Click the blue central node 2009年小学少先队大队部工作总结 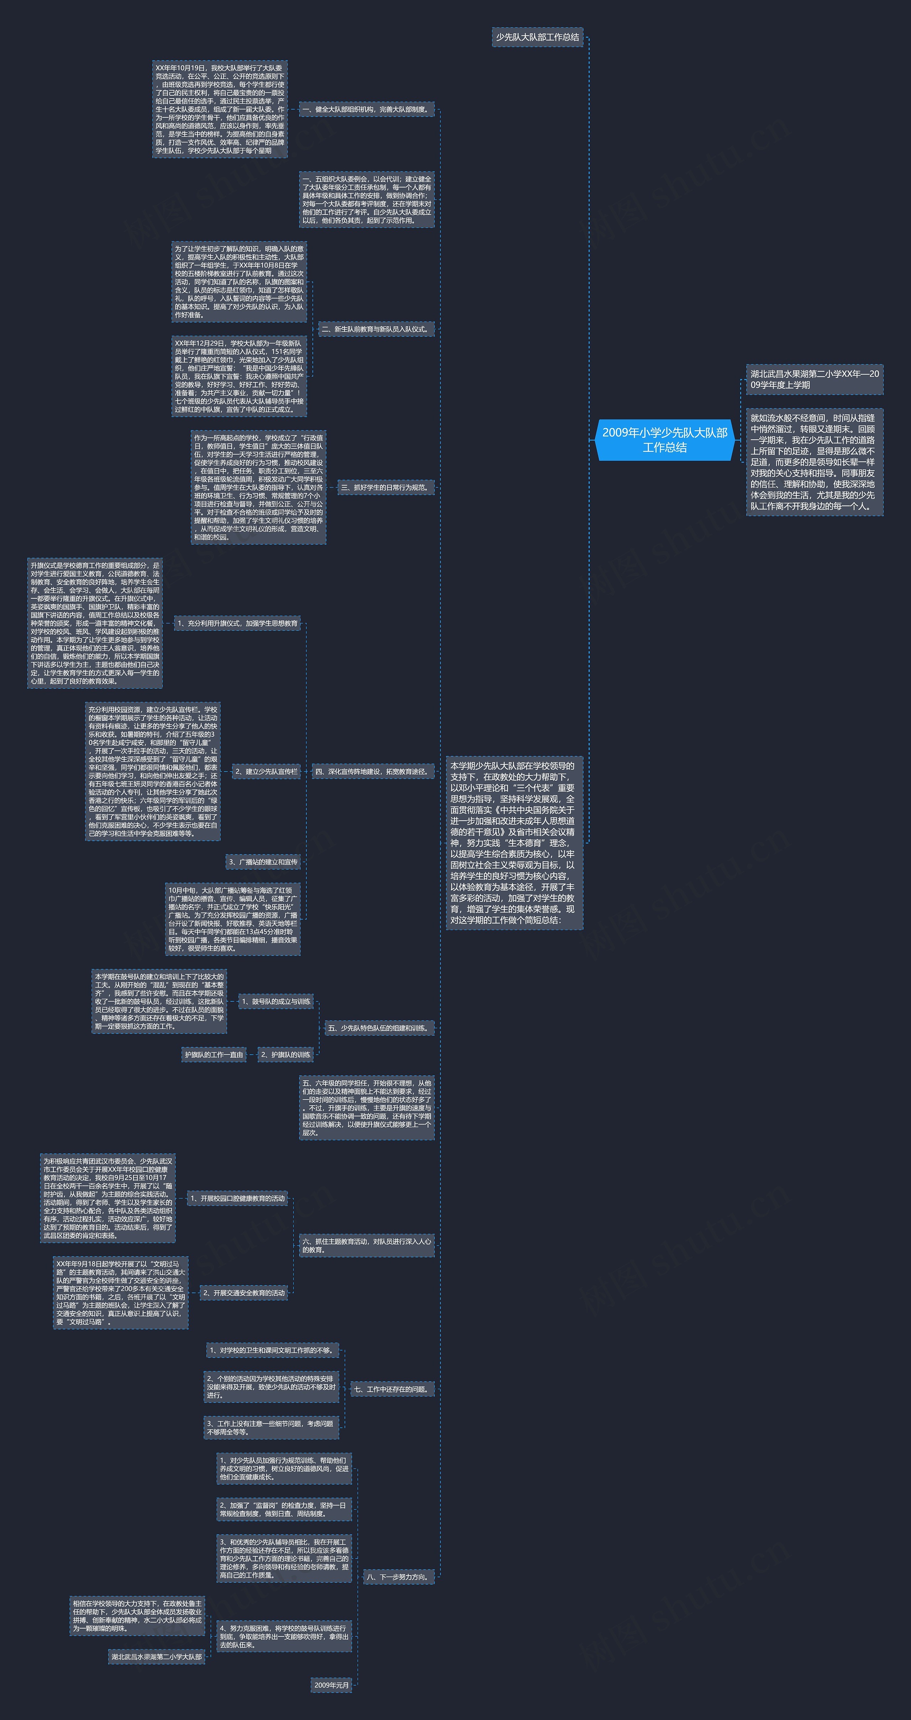pos(664,440)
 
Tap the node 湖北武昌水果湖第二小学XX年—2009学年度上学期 pos(814,379)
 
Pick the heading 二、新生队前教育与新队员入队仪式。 pos(376,329)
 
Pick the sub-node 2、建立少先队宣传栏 pos(266,771)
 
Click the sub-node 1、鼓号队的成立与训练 pos(276,1001)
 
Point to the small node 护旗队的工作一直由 pos(214,1054)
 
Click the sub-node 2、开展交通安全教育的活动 pos(244,1293)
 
